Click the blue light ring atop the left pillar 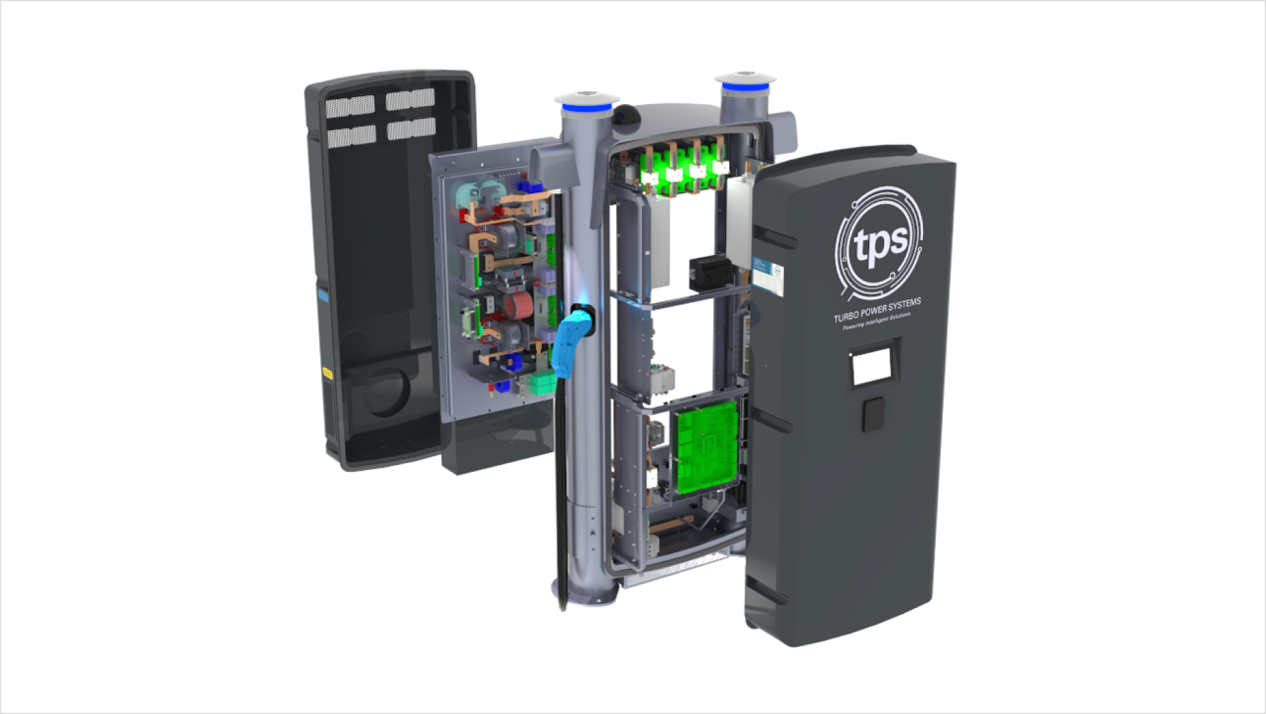point(586,107)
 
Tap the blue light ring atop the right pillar point(745,86)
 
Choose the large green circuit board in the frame point(707,445)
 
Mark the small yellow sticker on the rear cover point(327,373)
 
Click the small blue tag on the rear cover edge point(323,295)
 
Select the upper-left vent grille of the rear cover point(350,106)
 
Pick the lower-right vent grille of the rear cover point(411,128)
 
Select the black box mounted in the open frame point(710,272)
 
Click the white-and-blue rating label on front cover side point(768,277)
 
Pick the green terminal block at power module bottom point(542,383)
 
